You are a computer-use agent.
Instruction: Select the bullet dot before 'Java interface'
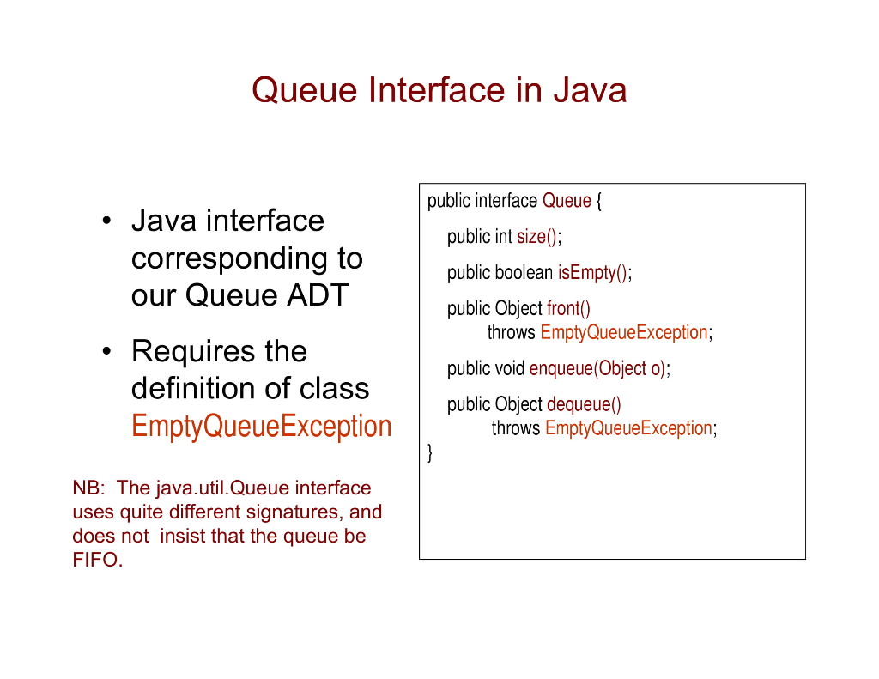[x=105, y=222]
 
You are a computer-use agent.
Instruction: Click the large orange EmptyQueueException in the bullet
[x=261, y=426]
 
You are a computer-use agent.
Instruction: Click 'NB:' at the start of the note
[x=88, y=488]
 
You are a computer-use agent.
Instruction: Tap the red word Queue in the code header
[x=567, y=201]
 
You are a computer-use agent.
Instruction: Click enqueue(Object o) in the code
[x=597, y=369]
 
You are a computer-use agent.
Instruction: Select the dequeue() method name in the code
[x=584, y=404]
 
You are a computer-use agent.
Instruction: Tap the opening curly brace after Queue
[x=599, y=201]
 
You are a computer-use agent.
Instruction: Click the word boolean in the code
[x=524, y=273]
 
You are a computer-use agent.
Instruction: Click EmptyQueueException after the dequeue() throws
[x=628, y=428]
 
